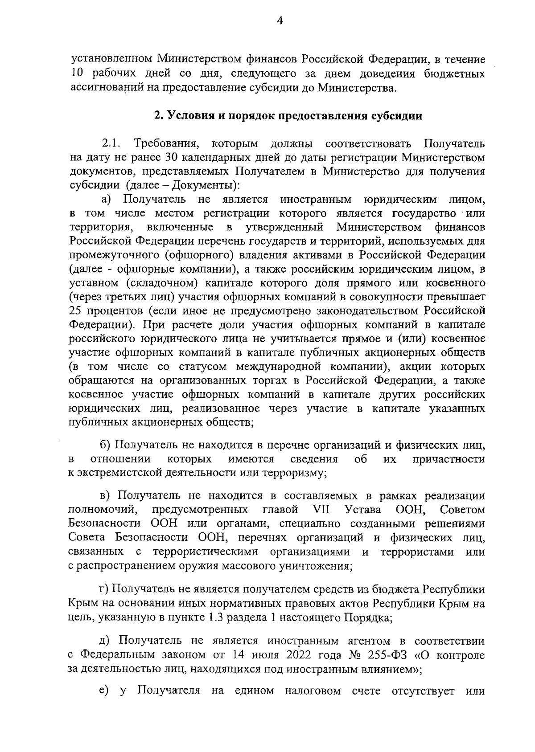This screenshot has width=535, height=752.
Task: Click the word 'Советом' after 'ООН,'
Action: (462, 510)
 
